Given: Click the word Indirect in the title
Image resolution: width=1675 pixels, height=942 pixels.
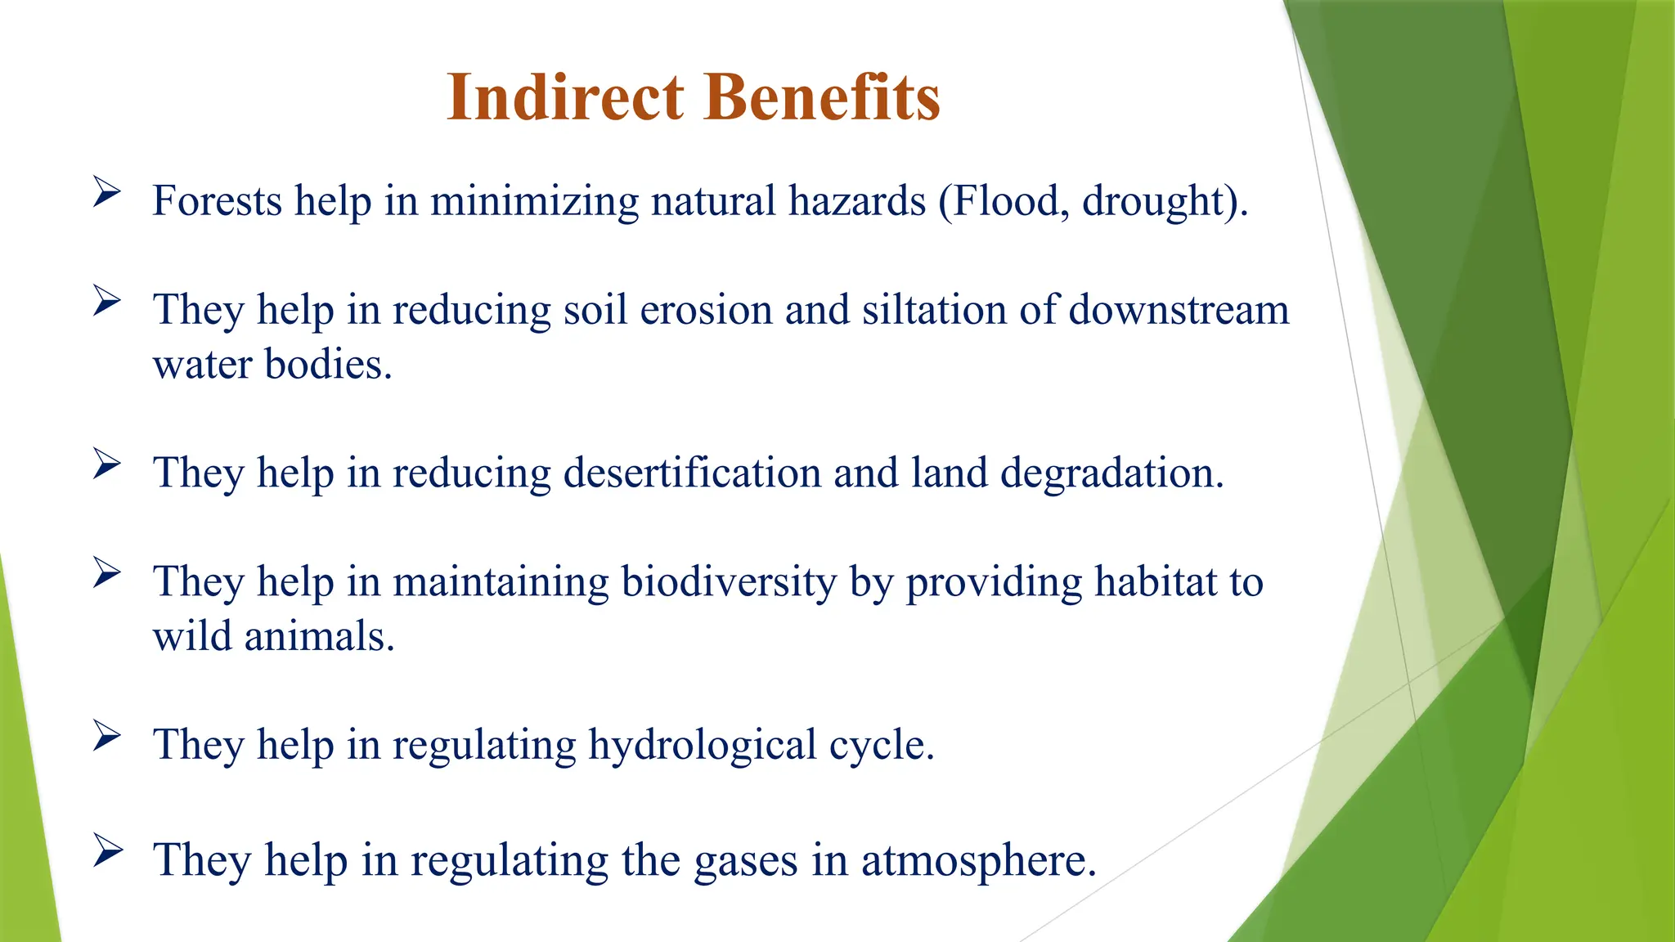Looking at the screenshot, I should [565, 97].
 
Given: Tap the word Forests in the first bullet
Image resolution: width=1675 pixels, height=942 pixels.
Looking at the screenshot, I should [217, 201].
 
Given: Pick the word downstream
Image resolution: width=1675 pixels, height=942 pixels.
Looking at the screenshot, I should [1179, 310].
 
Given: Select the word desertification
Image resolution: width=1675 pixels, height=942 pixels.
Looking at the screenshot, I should [692, 473].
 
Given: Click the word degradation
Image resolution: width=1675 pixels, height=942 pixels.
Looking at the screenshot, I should [1111, 473].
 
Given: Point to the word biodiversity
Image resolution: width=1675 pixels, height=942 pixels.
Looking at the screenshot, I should [729, 582].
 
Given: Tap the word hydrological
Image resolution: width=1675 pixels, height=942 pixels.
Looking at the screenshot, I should [703, 745].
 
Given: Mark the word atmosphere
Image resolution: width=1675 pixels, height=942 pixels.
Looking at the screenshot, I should [978, 860].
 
